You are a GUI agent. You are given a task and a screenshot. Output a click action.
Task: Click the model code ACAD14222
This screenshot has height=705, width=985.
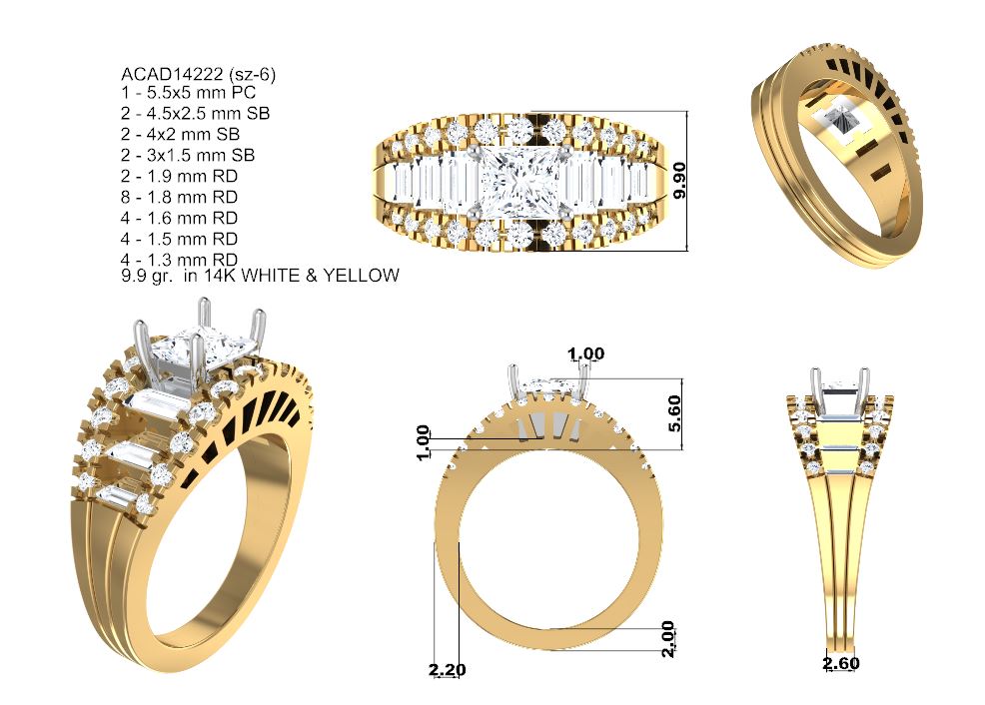[172, 74]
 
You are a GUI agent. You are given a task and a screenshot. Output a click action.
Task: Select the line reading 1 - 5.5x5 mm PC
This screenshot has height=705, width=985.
[189, 93]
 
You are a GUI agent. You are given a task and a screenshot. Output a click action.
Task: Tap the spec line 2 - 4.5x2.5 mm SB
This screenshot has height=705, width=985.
[196, 114]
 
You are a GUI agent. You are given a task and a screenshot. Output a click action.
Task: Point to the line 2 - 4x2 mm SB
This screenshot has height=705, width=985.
[180, 135]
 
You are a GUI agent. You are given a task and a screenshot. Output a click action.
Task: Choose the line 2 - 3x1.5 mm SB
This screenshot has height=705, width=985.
[188, 155]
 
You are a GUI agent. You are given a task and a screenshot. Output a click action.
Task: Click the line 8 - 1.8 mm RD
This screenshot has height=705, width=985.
[179, 197]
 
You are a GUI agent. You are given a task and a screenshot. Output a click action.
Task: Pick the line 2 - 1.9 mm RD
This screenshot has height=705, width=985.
[179, 177]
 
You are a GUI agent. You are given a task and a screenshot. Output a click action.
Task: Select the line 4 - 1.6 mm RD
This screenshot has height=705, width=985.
[179, 218]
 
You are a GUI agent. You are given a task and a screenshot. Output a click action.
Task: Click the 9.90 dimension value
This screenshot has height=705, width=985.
[679, 181]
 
